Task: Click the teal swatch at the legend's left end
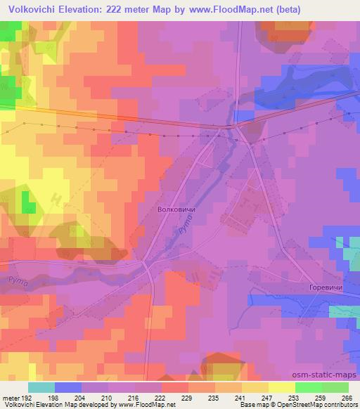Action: pyautogui.click(x=41, y=387)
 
